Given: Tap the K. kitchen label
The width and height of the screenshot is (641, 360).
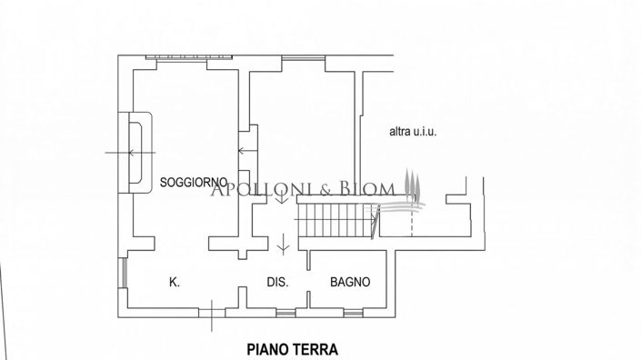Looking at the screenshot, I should [x=174, y=283].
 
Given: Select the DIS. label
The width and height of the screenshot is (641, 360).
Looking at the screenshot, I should [x=277, y=283].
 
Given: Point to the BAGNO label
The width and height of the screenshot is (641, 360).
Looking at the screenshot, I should [x=350, y=283].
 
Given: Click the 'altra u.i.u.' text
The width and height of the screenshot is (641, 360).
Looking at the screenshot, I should [x=414, y=133].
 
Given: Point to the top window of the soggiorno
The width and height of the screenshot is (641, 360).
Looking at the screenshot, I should [x=177, y=58].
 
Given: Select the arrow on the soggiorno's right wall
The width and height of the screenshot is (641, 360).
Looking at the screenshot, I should [x=244, y=152].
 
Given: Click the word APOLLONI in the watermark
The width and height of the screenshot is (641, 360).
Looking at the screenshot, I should [x=253, y=188].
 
